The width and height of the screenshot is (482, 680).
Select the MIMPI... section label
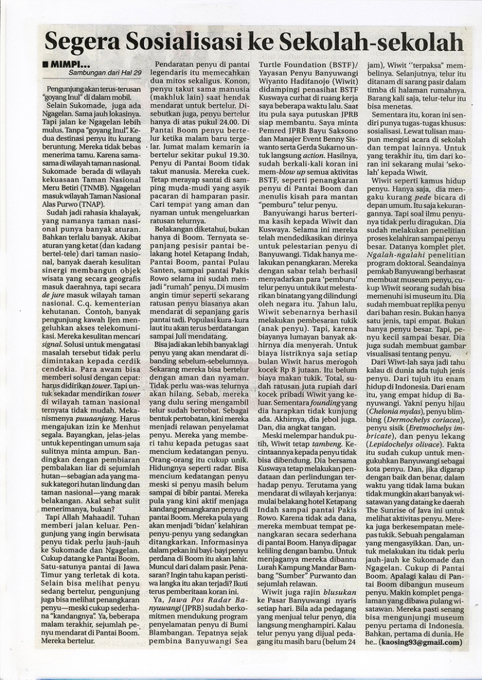(x=71, y=63)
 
